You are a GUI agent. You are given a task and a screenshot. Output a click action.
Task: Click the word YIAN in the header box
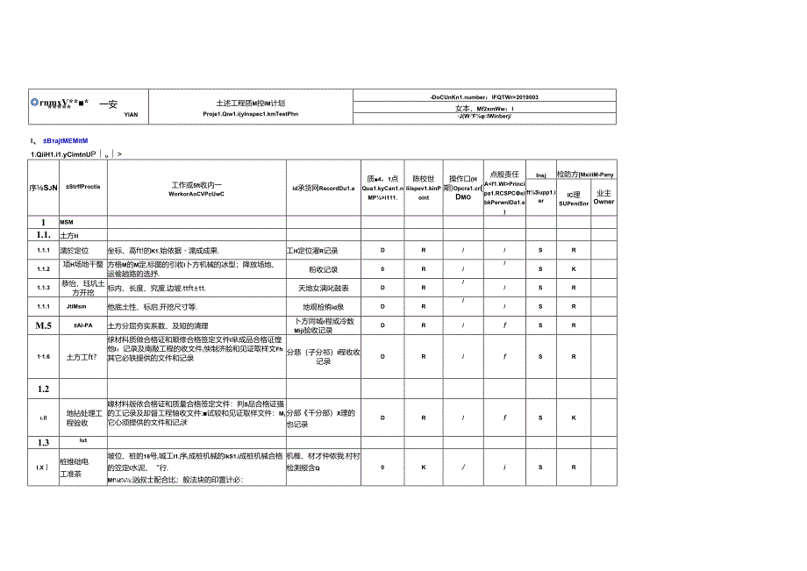130,113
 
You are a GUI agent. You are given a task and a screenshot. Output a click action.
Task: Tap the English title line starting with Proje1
250,113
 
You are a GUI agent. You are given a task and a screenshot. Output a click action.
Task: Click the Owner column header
603,201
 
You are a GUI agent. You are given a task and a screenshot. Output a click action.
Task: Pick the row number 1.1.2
44,268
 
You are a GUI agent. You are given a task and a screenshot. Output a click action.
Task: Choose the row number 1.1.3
44,287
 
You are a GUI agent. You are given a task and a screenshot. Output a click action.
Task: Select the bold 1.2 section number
43,388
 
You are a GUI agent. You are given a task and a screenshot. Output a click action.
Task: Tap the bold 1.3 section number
43,443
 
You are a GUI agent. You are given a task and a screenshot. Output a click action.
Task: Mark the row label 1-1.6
44,357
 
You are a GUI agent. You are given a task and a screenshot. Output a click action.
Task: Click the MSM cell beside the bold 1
68,223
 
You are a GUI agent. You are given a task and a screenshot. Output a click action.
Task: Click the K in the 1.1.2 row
574,269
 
